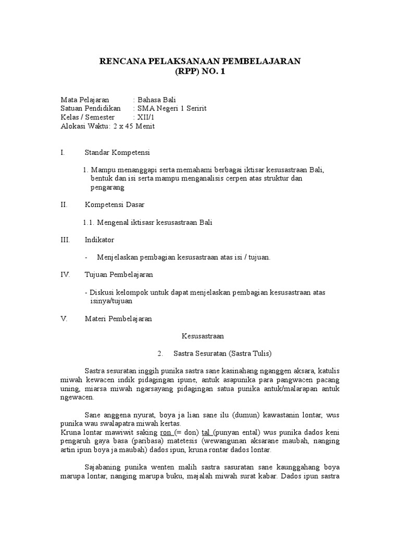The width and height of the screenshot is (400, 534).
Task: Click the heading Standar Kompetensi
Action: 117,152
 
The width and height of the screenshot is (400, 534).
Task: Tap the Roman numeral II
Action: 64,205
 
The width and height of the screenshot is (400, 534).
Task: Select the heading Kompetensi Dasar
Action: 115,205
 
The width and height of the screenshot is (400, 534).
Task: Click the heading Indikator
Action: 99,240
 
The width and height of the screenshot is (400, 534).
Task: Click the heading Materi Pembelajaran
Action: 118,319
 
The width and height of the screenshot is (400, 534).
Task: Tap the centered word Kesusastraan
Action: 202,336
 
